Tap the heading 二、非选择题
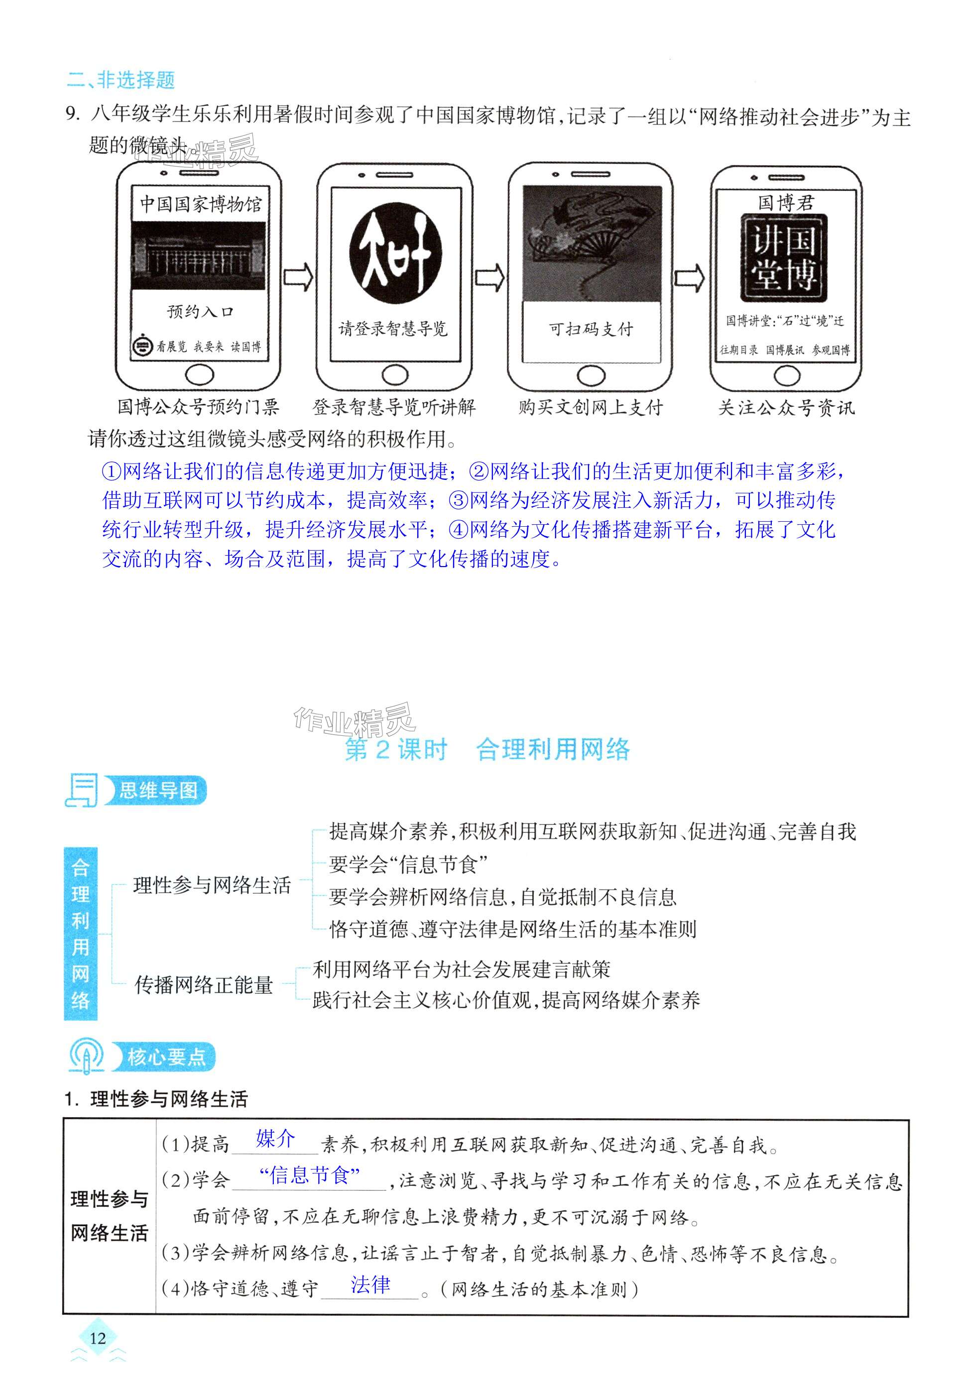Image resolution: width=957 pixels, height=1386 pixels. pos(121,80)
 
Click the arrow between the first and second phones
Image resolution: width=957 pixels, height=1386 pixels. pos(298,278)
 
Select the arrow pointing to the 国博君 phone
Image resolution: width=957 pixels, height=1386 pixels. pos(690,278)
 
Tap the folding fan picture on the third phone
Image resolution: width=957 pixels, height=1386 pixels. pos(592,243)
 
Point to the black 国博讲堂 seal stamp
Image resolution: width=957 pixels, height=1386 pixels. pos(784,258)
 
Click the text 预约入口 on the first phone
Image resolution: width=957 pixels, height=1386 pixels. pos(200,311)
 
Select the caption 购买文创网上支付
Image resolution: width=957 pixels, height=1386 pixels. pos(591,408)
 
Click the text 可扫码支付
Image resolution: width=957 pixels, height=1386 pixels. pos(591,329)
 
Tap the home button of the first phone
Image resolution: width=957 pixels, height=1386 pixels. pos(199,375)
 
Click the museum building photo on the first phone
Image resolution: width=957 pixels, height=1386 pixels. pos(199,256)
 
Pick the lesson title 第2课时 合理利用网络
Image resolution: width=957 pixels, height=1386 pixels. pos(487,749)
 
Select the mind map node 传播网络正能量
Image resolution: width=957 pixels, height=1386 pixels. pos(204,984)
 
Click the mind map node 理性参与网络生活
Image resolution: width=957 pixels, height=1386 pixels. pos(212,885)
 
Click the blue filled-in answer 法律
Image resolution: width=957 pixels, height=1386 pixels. pos(370,1284)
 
